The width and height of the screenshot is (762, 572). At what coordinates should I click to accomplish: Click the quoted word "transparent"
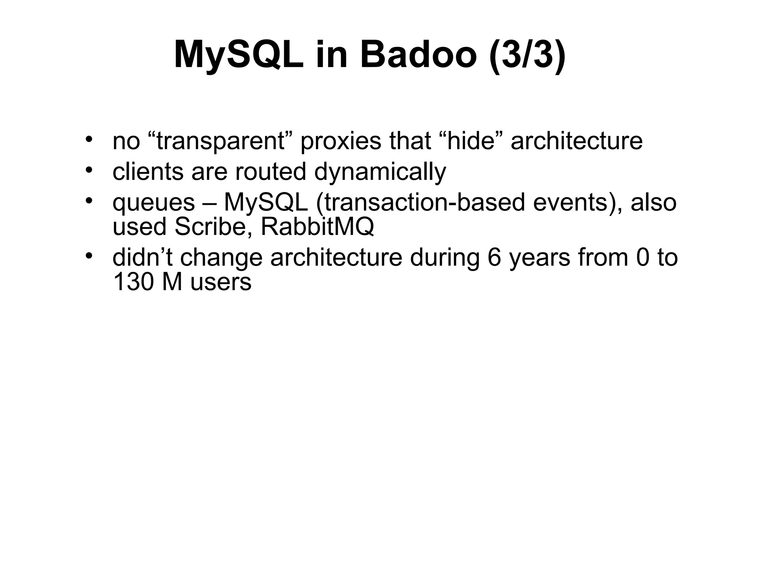point(220,141)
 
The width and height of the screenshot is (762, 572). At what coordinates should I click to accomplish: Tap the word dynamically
point(380,172)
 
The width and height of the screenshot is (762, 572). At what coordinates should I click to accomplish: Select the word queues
point(154,203)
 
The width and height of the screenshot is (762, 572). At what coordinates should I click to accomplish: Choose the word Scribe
point(213,226)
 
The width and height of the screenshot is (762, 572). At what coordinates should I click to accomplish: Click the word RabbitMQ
point(317,226)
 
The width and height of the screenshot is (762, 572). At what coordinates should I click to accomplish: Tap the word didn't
point(143,258)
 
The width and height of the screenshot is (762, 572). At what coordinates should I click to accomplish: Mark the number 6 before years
point(494,258)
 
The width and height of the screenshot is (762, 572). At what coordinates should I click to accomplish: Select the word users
point(221,282)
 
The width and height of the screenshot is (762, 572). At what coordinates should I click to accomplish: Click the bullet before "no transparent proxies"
point(88,139)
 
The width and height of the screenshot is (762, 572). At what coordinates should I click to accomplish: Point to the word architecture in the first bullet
point(576,141)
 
